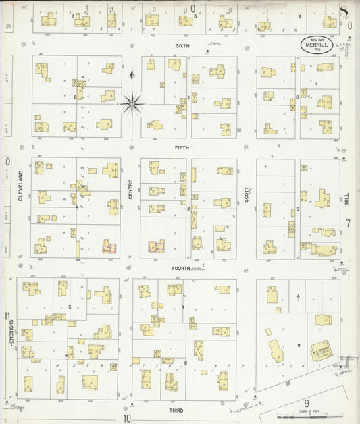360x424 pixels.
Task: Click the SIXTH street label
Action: [182, 46]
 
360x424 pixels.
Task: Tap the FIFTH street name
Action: [182, 147]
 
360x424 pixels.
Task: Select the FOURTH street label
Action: [181, 268]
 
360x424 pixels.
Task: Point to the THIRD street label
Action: [176, 410]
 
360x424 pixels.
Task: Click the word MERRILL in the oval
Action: [317, 45]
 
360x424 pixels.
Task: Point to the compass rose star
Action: [132, 103]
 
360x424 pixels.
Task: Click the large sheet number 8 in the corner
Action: [344, 10]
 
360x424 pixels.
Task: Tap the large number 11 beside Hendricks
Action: [7, 317]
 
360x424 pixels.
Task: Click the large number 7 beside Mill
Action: [349, 223]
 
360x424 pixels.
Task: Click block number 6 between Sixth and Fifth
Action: [297, 98]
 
